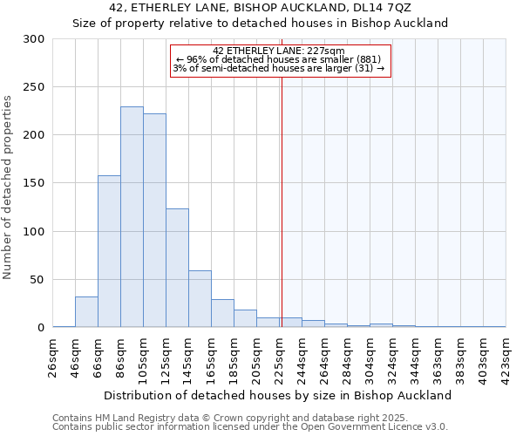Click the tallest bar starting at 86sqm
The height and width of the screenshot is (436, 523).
tap(132, 217)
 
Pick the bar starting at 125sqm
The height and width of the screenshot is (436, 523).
tap(177, 268)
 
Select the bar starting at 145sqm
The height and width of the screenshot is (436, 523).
tap(200, 299)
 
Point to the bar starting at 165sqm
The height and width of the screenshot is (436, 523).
tap(222, 313)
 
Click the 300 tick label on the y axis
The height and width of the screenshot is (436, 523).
tap(34, 39)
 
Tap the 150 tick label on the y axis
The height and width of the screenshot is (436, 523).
tap(34, 183)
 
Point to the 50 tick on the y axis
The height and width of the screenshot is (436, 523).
tap(37, 280)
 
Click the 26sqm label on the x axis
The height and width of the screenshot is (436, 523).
tap(53, 358)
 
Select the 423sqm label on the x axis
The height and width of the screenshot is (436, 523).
tap(506, 358)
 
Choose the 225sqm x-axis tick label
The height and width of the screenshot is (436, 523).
tap(279, 358)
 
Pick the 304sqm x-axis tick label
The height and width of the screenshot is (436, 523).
tap(370, 358)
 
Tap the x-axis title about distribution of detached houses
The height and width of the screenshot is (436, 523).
tap(278, 395)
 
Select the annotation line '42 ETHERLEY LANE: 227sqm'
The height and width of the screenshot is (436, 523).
tap(279, 51)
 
